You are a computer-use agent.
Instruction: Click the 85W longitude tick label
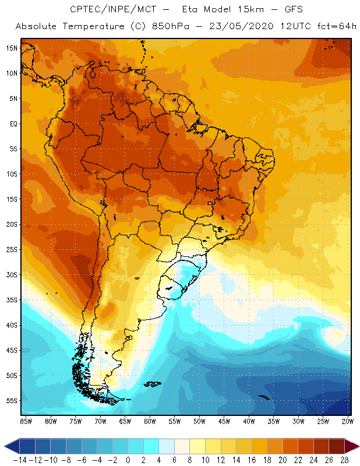pos(26,421)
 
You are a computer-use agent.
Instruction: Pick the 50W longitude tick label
pos(199,421)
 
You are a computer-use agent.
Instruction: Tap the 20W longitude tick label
pos(348,421)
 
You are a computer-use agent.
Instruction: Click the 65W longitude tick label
pos(125,421)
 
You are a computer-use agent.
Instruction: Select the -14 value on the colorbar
pos(19,460)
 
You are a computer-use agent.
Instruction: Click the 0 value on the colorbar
pos(128,460)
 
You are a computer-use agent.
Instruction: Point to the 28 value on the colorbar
pos(344,460)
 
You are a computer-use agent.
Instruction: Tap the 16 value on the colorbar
pos(251,460)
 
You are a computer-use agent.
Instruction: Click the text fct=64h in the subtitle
pos(336,26)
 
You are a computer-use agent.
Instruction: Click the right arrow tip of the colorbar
pos(357,446)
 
